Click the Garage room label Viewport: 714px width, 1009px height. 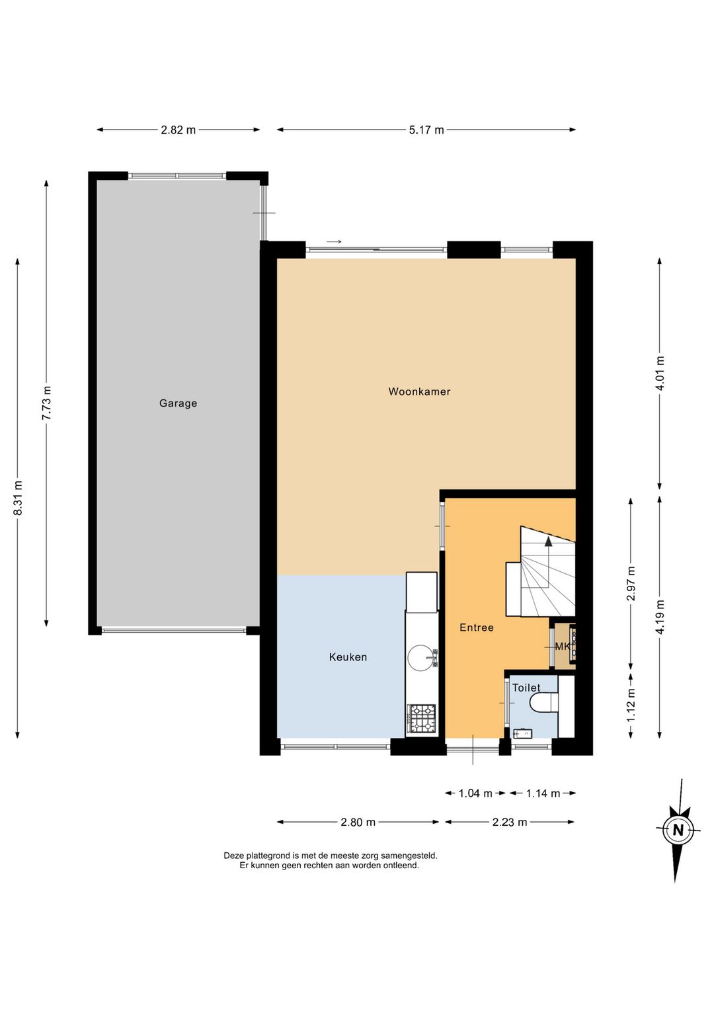click(x=178, y=403)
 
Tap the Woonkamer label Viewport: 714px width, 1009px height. click(x=419, y=391)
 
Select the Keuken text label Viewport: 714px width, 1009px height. click(x=348, y=657)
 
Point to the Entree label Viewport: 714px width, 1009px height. click(x=477, y=627)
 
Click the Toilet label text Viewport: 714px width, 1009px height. click(x=526, y=688)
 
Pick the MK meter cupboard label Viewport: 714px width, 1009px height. click(x=562, y=647)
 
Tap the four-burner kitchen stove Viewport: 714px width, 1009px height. click(x=422, y=718)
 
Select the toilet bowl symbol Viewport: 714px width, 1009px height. click(x=544, y=703)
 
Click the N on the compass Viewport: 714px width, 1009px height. click(x=678, y=830)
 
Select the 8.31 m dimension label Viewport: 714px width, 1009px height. click(x=18, y=498)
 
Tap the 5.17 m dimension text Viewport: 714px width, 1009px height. click(x=426, y=130)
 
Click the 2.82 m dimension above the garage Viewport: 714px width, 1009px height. click(x=178, y=130)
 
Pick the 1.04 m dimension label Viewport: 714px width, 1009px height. click(x=475, y=793)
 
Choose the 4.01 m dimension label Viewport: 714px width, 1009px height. click(x=660, y=374)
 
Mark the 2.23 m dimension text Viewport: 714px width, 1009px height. click(x=510, y=822)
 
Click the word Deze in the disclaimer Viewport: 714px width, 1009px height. click(x=233, y=856)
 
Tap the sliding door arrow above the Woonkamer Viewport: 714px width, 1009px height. click(x=334, y=242)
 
